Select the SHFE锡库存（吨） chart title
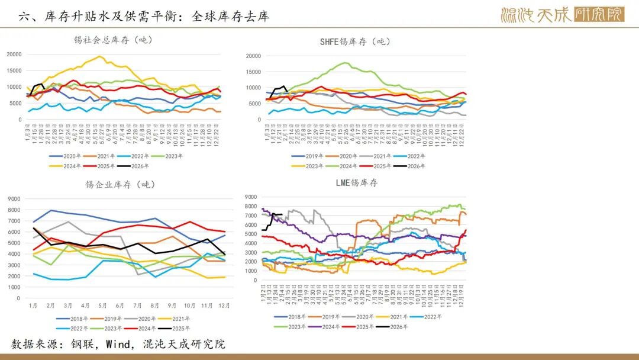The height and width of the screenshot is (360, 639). [x=355, y=41]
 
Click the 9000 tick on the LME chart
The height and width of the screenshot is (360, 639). [x=250, y=197]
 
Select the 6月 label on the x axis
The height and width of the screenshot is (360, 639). [x=120, y=306]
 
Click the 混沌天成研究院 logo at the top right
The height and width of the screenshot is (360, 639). [x=561, y=14]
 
